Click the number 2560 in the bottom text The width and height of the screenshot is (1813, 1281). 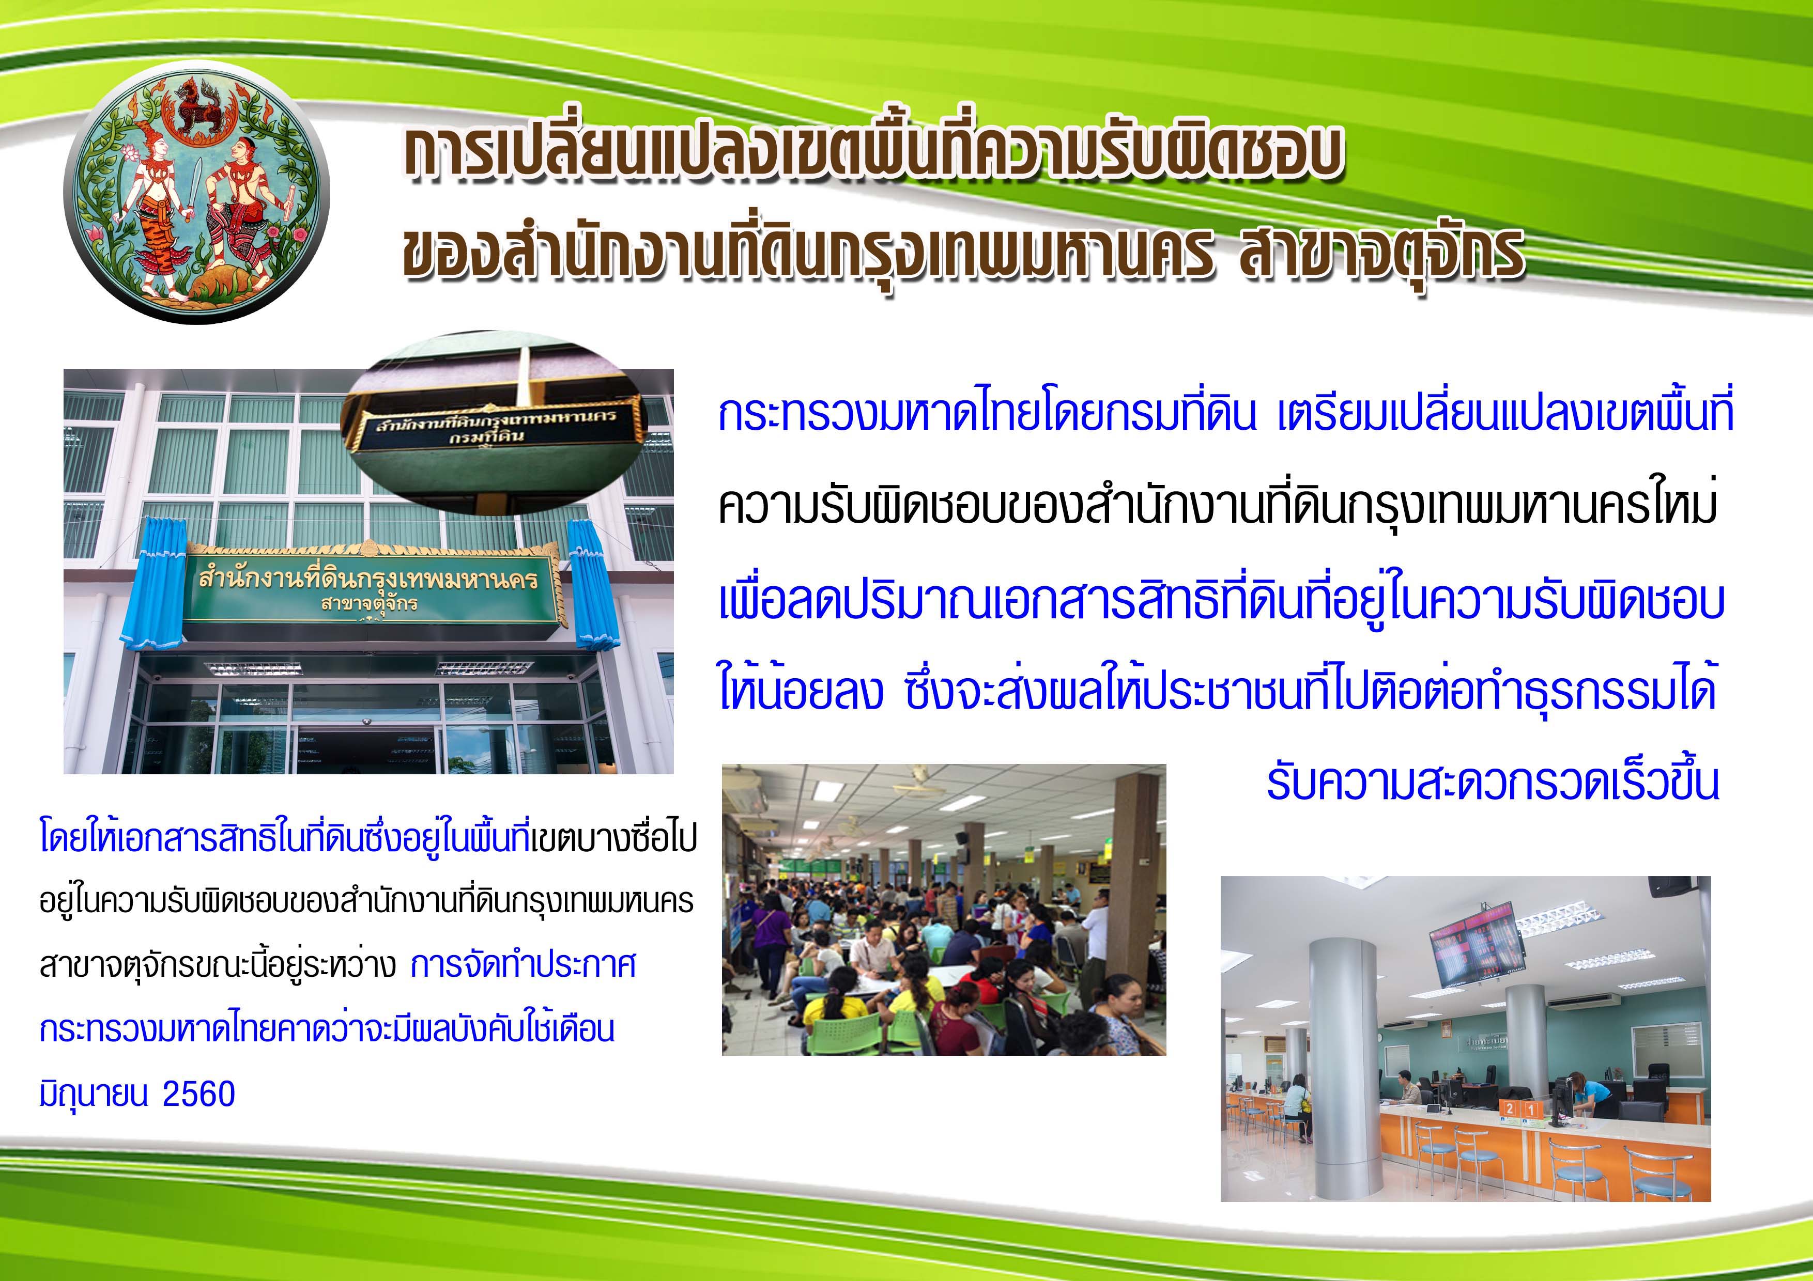[198, 1095]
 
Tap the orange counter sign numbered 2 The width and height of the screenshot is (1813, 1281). [1509, 1109]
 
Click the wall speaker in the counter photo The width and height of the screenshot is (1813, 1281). [1669, 887]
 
